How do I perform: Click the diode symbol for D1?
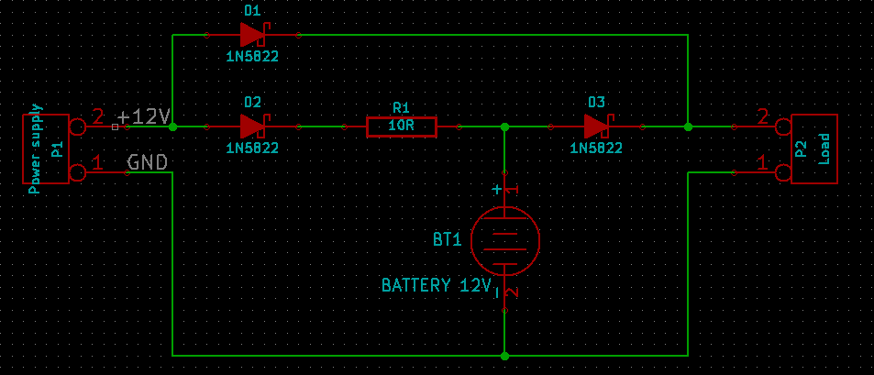pos(252,35)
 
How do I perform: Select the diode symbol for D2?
pos(252,126)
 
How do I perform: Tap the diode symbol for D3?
pos(597,126)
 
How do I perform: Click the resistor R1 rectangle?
pos(402,127)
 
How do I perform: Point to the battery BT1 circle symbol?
pos(504,240)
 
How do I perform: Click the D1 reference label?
pos(252,11)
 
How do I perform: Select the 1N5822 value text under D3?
pos(596,148)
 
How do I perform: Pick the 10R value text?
pos(401,127)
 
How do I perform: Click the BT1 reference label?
pos(448,240)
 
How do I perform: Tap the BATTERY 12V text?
pos(437,285)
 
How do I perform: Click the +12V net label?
pos(145,116)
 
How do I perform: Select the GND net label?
pos(147,162)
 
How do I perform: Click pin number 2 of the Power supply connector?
pos(98,116)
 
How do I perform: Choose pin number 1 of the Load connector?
pos(762,161)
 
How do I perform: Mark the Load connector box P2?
pos(814,149)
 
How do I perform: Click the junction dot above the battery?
pos(504,127)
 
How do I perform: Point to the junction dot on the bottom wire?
pos(504,355)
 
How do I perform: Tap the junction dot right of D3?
pos(688,127)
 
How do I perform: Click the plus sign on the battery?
pos(497,190)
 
